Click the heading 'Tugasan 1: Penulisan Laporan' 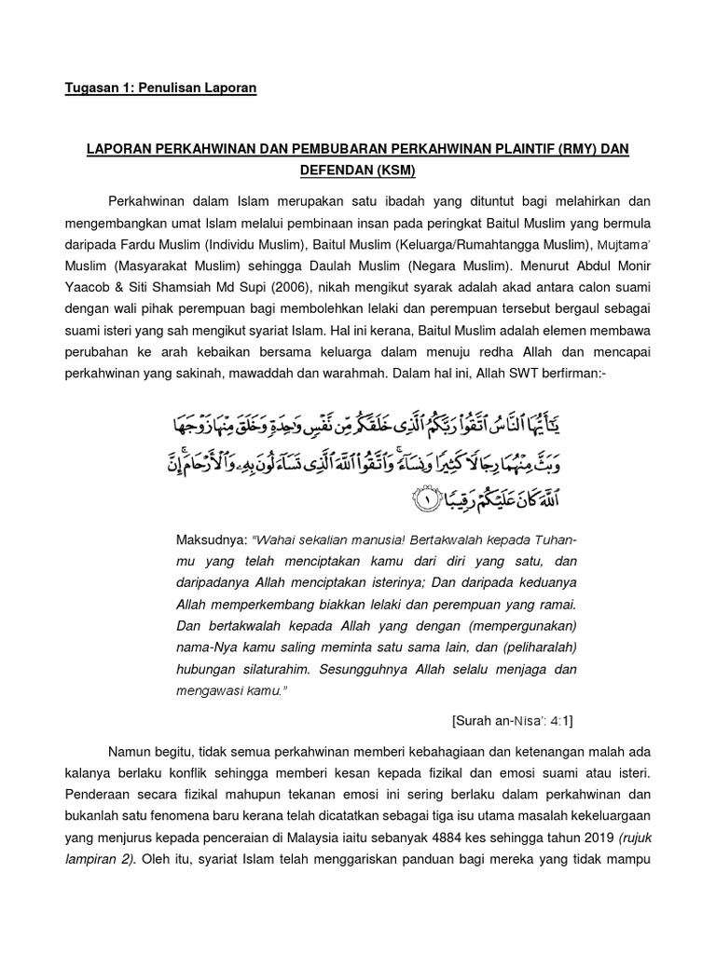(x=159, y=89)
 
